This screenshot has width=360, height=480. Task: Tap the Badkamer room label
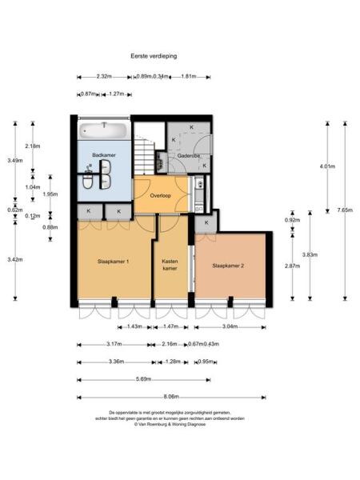103,154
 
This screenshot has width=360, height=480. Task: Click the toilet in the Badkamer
87,183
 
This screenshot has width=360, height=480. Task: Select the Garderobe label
189,155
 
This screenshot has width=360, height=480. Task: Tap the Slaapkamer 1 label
114,262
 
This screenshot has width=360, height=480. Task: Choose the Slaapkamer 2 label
228,266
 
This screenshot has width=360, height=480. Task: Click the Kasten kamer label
170,265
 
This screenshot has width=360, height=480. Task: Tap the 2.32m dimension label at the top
102,77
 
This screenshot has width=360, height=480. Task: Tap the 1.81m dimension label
190,77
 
